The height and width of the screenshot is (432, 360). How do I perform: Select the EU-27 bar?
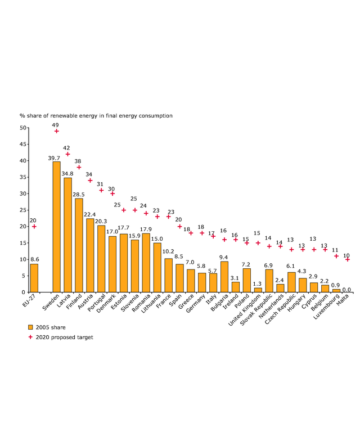[34, 278]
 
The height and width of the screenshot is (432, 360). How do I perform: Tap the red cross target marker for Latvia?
[67, 154]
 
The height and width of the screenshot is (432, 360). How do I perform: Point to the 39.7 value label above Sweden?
[54, 158]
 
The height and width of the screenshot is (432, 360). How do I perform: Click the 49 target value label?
[56, 125]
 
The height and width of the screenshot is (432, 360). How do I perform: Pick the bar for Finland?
[79, 245]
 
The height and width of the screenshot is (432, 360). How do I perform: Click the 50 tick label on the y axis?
[23, 128]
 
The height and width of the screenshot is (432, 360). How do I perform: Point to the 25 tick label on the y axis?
[23, 210]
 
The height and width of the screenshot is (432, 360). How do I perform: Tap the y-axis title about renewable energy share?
[96, 115]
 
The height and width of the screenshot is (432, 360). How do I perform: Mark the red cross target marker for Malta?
[347, 259]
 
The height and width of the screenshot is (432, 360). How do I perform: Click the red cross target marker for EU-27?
[34, 227]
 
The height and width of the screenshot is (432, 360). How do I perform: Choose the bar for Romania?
[146, 263]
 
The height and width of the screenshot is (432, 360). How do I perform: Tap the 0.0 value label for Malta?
[347, 289]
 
